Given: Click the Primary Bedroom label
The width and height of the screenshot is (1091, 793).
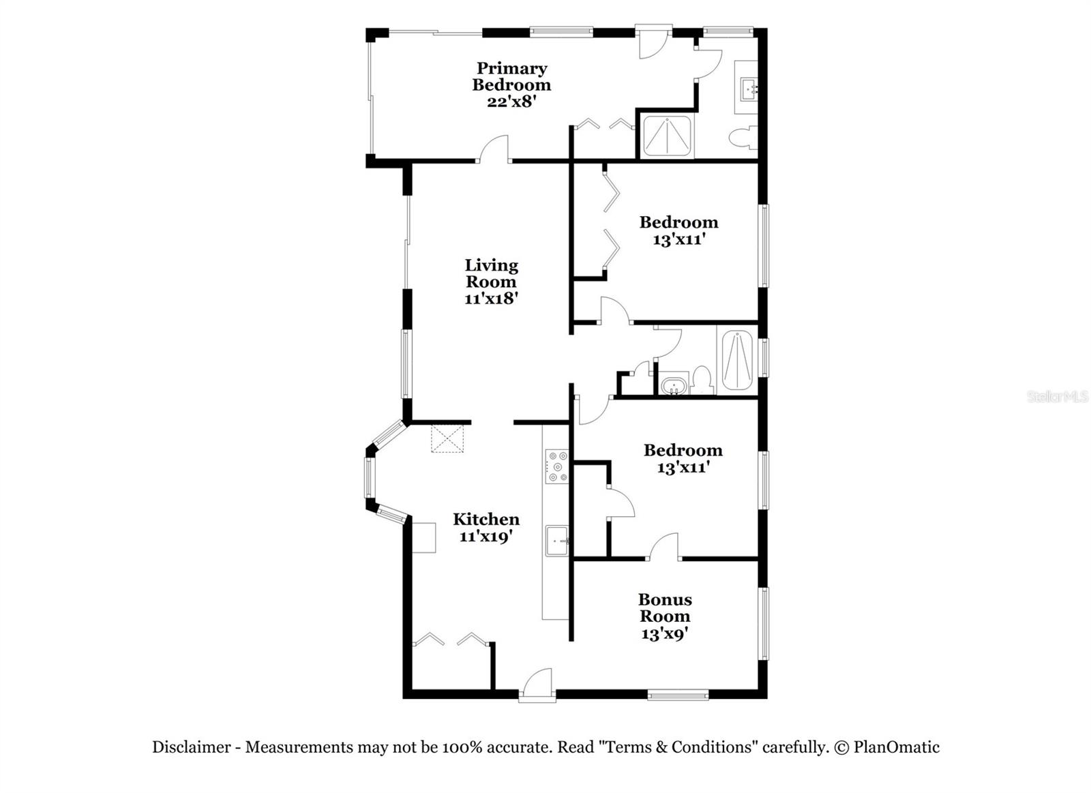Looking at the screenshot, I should (511, 76).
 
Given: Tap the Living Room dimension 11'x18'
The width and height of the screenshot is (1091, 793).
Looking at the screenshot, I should (492, 299).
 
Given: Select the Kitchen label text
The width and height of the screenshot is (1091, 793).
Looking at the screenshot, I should (486, 519).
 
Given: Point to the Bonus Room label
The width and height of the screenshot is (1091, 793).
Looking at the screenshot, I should (665, 608).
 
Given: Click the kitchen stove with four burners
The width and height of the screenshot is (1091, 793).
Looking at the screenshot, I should (556, 467).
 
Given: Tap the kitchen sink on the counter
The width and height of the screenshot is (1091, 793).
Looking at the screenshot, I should (557, 541).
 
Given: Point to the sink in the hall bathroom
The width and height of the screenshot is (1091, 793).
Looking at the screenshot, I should (674, 385).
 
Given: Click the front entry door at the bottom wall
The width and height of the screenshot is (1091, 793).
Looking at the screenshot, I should (537, 685).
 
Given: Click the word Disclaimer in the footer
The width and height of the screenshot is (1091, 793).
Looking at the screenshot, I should (191, 747).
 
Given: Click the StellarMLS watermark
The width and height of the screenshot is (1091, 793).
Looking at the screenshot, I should (1058, 397).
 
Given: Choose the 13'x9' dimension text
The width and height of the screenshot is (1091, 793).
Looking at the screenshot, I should (665, 634).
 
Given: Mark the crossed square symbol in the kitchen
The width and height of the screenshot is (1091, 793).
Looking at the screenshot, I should (447, 438).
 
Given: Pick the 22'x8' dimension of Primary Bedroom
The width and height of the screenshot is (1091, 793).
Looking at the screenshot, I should (511, 102).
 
